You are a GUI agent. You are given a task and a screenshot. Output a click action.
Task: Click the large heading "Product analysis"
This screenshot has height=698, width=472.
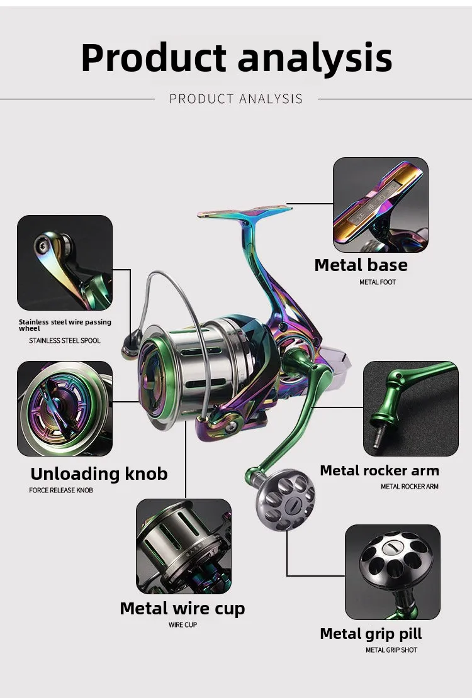pos(236,58)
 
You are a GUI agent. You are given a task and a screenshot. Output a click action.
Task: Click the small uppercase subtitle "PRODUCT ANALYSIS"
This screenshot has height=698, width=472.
pos(236,99)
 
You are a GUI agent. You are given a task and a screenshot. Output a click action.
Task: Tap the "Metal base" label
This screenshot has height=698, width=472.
pos(361,265)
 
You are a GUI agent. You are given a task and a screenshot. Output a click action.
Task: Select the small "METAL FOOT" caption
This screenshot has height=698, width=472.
pos(378,282)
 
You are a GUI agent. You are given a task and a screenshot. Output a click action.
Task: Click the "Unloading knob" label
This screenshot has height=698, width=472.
pos(99,474)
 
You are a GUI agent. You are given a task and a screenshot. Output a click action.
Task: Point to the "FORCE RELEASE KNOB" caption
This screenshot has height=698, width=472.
pos(61,490)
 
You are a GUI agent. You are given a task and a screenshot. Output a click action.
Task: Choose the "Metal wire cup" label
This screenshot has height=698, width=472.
pos(183,609)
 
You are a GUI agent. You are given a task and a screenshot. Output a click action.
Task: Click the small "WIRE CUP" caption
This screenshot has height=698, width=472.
pos(183,625)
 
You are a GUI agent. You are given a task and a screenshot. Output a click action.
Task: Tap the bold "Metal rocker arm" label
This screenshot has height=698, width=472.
pos(379,470)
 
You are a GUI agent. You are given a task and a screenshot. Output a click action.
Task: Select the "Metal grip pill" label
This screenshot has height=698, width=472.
pos(371,634)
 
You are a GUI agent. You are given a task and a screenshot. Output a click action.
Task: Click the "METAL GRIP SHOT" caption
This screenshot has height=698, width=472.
pos(391,650)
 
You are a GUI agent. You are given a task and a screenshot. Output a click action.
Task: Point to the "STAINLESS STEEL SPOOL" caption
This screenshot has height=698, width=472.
pos(65,341)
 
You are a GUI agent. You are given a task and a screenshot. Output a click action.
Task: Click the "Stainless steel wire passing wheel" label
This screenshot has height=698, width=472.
pos(65,325)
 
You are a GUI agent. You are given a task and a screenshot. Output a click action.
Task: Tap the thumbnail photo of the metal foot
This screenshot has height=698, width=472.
pos(381,205)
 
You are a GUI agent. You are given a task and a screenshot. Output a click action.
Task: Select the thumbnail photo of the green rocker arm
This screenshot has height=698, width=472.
pos(410,409)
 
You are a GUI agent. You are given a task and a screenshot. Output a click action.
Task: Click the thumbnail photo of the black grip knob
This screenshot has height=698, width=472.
pos(393,572)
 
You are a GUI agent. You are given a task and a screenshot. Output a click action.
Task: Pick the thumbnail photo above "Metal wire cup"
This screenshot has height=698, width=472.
pos(184,546)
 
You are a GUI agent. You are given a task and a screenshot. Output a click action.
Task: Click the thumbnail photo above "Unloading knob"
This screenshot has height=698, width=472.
pos(65,409)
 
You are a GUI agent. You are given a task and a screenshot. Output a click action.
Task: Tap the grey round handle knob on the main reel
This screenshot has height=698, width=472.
pos(285,499)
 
